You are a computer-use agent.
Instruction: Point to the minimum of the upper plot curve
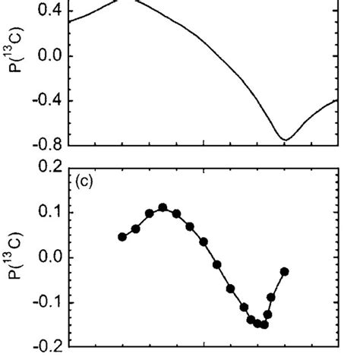(285, 140)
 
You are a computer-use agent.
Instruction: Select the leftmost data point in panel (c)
(122, 237)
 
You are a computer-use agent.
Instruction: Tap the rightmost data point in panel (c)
(285, 271)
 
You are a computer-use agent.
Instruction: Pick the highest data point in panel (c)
(163, 207)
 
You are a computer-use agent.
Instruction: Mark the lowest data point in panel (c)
(264, 324)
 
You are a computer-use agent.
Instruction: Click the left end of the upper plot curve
(69, 21)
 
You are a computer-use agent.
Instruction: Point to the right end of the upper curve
(336, 99)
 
